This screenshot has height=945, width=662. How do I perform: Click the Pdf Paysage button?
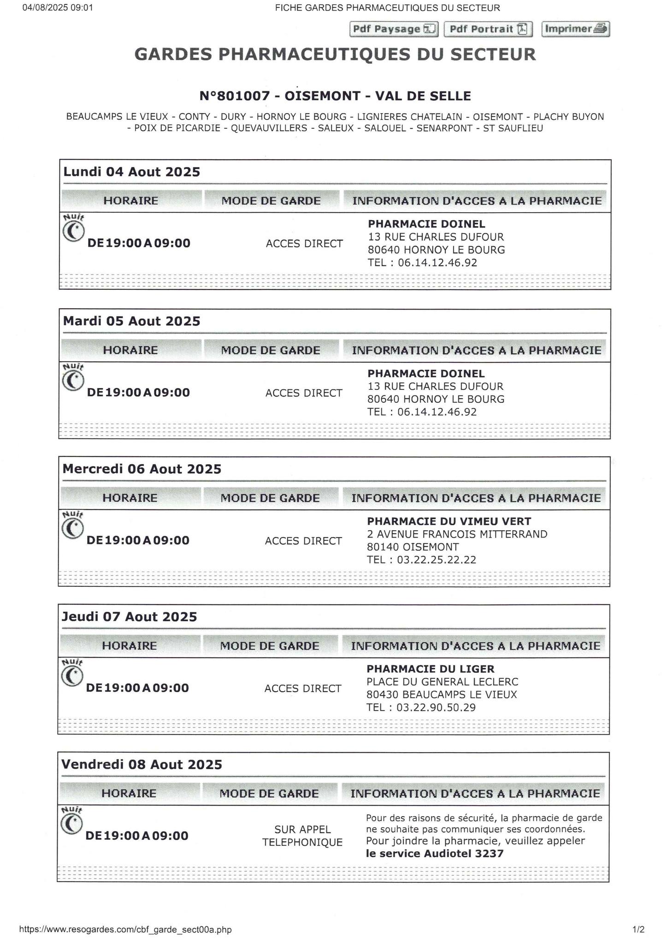394,29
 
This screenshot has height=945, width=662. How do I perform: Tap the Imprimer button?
575,29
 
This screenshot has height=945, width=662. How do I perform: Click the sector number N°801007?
234,96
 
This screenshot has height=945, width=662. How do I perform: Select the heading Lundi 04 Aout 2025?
132,172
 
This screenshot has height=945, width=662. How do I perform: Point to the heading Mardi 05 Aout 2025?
132,321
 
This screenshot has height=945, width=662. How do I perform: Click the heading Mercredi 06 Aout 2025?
142,469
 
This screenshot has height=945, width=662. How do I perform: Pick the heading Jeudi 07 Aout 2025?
130,617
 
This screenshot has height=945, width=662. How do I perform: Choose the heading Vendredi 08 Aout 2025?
142,765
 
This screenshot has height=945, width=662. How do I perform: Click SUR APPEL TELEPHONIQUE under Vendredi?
302,836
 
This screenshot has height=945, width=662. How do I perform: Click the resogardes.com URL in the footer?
125,929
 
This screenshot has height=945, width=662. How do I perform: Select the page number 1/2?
638,929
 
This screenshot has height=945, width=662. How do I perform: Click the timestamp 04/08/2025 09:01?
58,7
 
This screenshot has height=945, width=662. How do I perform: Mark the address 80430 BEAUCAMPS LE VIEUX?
442,695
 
